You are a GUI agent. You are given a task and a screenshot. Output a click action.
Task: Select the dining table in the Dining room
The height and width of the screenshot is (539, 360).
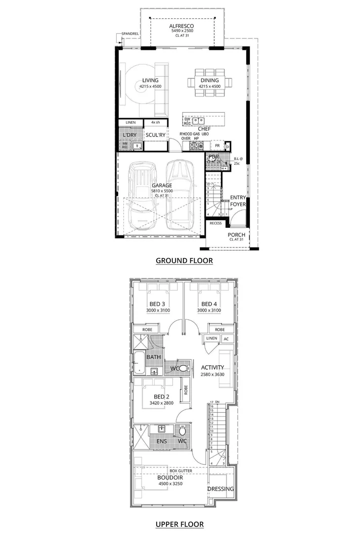[209, 81]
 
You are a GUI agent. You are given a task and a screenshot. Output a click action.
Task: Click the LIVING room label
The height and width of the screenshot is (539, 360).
[150, 80]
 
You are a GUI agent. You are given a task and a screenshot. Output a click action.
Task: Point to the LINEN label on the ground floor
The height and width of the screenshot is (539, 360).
[131, 122]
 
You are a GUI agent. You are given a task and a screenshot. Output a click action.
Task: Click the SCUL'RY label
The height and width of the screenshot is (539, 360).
[155, 135]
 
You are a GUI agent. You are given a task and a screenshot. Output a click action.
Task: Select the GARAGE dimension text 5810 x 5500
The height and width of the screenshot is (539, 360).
[162, 191]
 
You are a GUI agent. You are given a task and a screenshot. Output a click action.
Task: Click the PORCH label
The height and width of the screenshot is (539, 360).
[237, 234]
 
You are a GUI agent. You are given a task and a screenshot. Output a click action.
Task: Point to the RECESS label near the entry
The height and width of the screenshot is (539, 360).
[216, 223]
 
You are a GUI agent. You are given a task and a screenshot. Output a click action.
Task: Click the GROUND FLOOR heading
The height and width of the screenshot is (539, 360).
[184, 261]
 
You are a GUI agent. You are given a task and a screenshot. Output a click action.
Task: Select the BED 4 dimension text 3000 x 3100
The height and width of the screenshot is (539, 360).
[209, 310]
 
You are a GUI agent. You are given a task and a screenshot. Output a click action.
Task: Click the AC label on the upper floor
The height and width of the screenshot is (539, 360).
[226, 338]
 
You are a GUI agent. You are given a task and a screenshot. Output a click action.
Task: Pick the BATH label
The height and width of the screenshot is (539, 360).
[153, 357]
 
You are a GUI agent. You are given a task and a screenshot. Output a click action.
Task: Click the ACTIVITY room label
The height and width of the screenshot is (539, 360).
[212, 367]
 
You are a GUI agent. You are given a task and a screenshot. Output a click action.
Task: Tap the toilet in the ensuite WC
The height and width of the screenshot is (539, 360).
[183, 431]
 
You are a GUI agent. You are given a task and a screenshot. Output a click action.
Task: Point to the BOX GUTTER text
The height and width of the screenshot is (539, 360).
[181, 471]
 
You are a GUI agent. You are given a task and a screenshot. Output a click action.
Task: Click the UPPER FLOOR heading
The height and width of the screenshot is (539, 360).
[179, 524]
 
